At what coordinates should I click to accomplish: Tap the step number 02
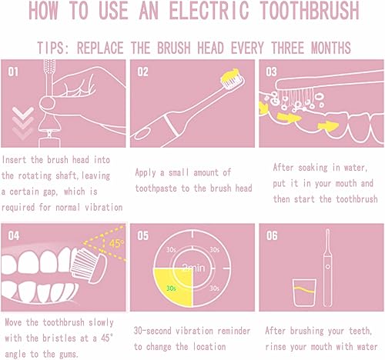[x=143, y=72]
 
